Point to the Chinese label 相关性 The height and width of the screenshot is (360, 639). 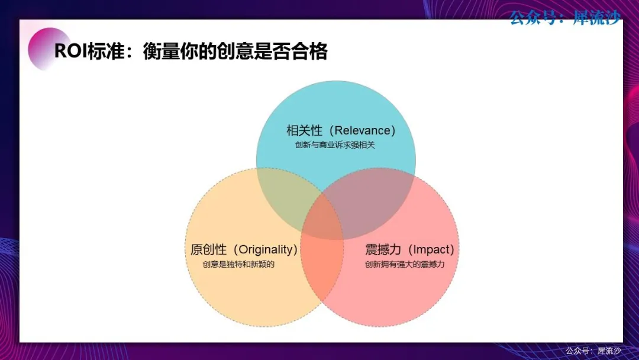[305, 130]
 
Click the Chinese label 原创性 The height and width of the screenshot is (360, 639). [208, 249]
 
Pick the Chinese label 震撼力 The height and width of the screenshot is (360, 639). [383, 249]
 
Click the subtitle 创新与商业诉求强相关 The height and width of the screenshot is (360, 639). [335, 145]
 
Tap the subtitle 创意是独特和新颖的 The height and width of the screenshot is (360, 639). [239, 264]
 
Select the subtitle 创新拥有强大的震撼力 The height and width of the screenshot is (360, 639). [405, 264]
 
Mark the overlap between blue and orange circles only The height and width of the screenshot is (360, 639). [285, 192]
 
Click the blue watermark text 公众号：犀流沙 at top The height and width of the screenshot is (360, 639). [565, 18]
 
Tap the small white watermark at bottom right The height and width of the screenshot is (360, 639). [593, 351]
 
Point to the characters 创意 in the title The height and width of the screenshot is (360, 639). [235, 52]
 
